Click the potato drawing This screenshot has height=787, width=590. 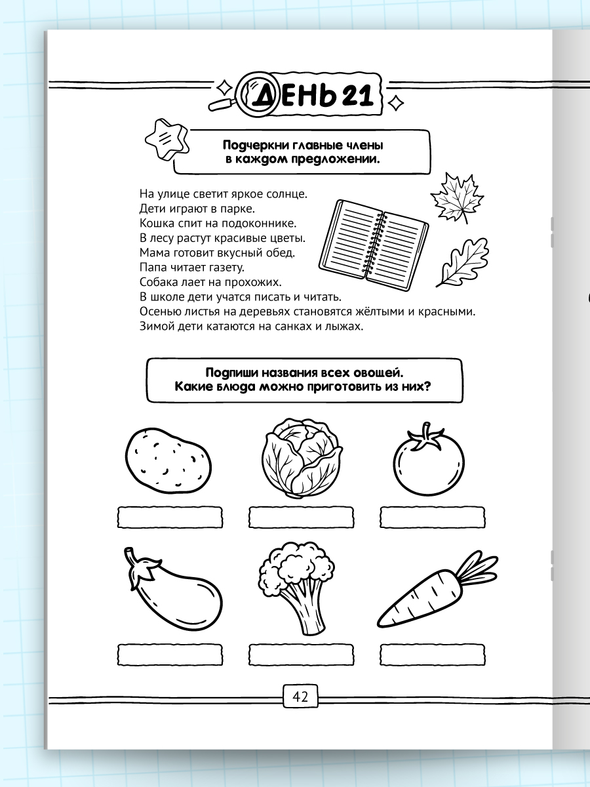pyautogui.click(x=168, y=461)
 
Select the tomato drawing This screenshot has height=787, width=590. pyautogui.click(x=429, y=460)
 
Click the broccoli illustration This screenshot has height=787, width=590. pyautogui.click(x=297, y=588)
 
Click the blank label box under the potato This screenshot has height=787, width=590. pyautogui.click(x=170, y=517)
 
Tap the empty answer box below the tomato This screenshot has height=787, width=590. pyautogui.click(x=433, y=517)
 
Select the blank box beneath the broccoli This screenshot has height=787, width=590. pyautogui.click(x=302, y=655)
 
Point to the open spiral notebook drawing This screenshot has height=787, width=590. pyautogui.click(x=374, y=245)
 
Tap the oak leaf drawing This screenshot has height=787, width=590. pyautogui.click(x=463, y=262)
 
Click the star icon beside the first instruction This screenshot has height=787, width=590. pyautogui.click(x=167, y=140)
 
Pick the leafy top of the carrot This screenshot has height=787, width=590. pyautogui.click(x=477, y=567)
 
